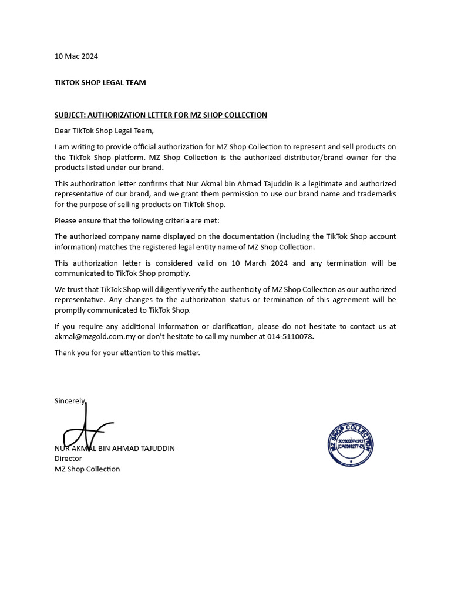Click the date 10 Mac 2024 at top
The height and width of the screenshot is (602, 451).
tap(76, 56)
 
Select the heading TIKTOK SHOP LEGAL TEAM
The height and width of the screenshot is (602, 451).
tap(100, 82)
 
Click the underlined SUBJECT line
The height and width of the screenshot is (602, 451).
tap(160, 115)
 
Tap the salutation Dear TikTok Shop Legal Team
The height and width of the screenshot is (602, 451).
tap(104, 131)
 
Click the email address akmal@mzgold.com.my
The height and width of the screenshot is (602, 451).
tap(95, 336)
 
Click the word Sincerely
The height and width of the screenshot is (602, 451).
tap(70, 400)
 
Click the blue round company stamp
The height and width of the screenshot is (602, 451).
tap(351, 444)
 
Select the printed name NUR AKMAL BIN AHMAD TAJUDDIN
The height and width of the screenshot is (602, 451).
tap(115, 448)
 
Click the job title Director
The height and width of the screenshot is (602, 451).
tap(68, 459)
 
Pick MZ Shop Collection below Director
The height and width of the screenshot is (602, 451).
tap(87, 469)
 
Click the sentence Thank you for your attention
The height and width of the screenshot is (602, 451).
tap(127, 353)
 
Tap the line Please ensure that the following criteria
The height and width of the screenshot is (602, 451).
tap(136, 221)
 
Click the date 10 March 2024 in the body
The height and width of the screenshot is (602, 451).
tap(255, 263)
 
